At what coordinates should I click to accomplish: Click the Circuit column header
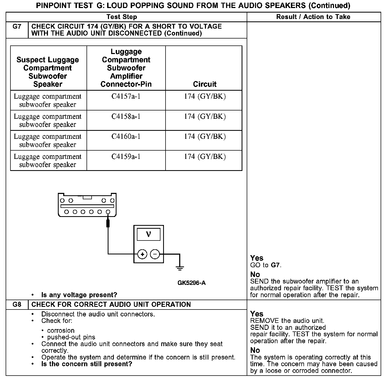tap(205, 84)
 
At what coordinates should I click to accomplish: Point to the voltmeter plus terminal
tap(142, 254)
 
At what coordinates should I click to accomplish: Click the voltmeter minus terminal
tap(155, 254)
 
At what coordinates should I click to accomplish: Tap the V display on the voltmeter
tap(148, 235)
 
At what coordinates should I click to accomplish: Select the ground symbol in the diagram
tap(180, 267)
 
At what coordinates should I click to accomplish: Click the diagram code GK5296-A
tap(192, 283)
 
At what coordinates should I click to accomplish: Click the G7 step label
tap(17, 26)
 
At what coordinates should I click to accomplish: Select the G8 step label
tap(17, 304)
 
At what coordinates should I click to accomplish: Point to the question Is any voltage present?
tap(79, 295)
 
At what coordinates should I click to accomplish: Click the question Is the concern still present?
tap(87, 364)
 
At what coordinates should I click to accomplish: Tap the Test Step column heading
tap(122, 17)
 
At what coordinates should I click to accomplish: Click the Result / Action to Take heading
tap(313, 17)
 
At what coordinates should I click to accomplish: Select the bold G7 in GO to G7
tap(276, 265)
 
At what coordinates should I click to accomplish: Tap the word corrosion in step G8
tap(61, 330)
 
